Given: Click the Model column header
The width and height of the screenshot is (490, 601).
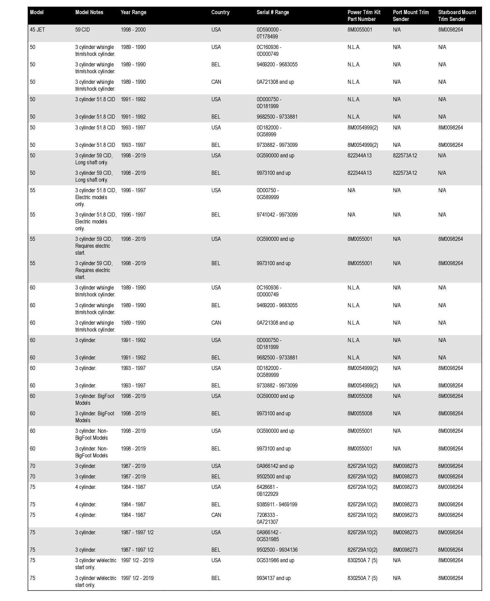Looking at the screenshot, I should pos(37,12).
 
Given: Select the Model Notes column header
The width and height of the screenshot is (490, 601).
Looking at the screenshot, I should pos(89,12).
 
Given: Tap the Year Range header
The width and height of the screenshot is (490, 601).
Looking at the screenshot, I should pos(133,12).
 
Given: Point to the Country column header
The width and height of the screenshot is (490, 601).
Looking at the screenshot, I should pos(220,12).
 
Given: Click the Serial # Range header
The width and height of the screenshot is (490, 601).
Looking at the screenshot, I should pos(273,12).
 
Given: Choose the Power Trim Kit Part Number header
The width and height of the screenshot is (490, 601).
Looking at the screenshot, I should pos(364,16).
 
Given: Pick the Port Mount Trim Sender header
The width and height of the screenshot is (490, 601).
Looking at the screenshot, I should pos(410,16).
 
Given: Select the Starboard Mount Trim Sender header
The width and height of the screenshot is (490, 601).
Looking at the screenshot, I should pos(457,16).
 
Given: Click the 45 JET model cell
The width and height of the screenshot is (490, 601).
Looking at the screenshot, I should pos(37,30).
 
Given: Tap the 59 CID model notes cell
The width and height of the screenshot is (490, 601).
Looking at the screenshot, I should pos(82,30).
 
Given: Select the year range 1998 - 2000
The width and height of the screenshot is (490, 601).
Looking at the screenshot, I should pos(133,30).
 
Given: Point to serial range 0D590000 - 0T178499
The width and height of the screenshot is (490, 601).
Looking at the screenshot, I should pos(269,33).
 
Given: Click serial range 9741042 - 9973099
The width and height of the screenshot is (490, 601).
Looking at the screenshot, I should pos(277,215).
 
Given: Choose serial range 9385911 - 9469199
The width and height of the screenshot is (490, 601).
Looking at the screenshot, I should pos(277,505).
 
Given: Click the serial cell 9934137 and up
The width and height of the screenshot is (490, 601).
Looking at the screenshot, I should pos(274,578).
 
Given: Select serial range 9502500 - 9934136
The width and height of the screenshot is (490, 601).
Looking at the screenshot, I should pos(277,550).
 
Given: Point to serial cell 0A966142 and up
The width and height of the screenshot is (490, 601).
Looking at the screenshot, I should pos(275,466).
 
